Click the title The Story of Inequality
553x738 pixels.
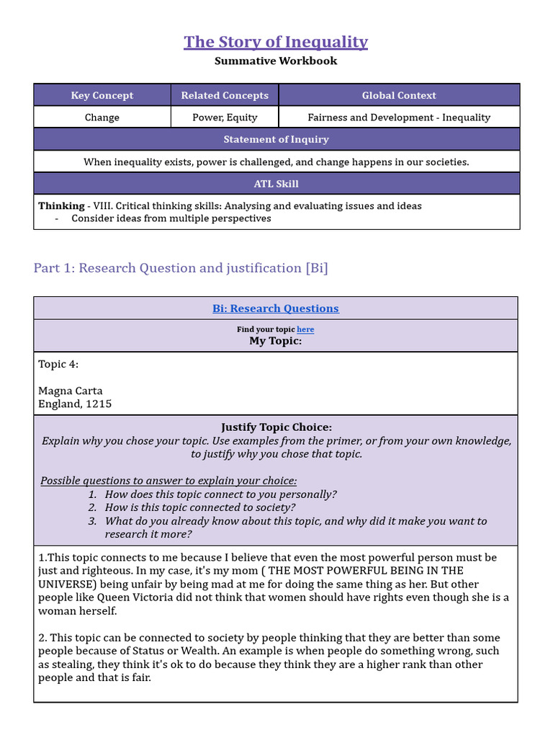[x=276, y=42]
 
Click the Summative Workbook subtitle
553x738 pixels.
[x=276, y=61]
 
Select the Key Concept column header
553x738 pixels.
[x=102, y=95]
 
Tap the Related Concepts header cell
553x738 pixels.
[x=225, y=95]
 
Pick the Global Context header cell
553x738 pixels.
[x=399, y=95]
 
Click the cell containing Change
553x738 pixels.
[x=102, y=117]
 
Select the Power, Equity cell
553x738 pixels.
[x=225, y=117]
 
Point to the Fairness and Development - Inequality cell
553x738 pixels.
[x=399, y=117]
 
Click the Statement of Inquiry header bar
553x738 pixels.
[x=276, y=140]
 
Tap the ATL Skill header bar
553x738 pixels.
[x=276, y=184]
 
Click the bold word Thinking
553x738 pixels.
[x=61, y=206]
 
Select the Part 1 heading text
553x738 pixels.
[x=181, y=268]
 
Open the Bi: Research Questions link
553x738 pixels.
[x=276, y=308]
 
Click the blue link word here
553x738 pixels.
[x=305, y=329]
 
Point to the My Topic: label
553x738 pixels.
[x=276, y=341]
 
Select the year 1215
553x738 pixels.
[x=99, y=404]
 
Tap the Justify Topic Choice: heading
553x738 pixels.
[x=276, y=427]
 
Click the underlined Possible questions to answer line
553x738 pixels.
[x=168, y=481]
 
